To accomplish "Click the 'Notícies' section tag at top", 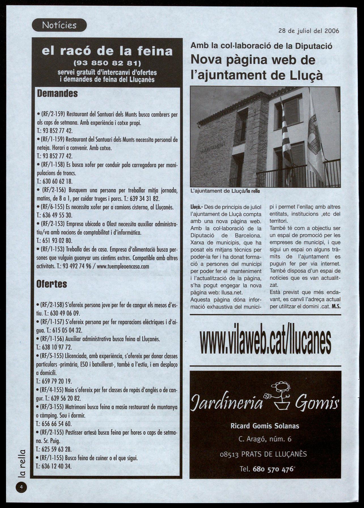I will tap(59, 26).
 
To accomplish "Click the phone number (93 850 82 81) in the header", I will tap(107, 63).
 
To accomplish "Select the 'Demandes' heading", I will tap(57, 94).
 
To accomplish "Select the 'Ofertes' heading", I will tap(52, 284).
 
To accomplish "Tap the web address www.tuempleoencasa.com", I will tap(123, 266).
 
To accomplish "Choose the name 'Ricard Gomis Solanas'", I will tap(265, 426).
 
